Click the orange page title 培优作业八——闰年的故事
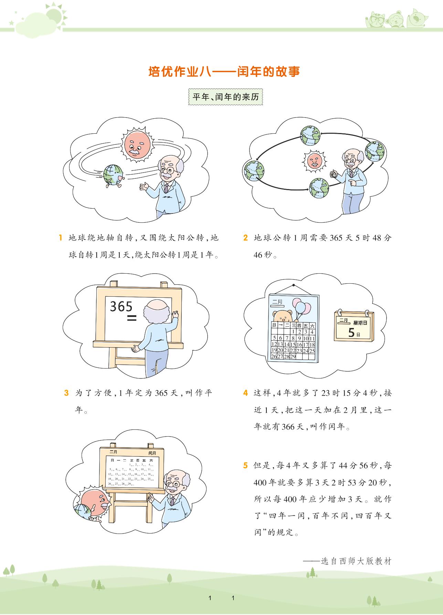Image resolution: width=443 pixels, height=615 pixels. [224, 72]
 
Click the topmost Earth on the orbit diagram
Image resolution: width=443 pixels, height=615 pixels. [310, 135]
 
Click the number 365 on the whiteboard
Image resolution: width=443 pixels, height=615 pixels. [121, 306]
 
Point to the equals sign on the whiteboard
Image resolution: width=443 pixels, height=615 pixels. [132, 318]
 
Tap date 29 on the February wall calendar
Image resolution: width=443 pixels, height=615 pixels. [293, 356]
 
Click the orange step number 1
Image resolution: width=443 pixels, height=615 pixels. [60, 238]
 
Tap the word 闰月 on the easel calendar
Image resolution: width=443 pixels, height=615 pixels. [152, 453]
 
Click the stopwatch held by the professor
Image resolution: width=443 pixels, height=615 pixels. [334, 174]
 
